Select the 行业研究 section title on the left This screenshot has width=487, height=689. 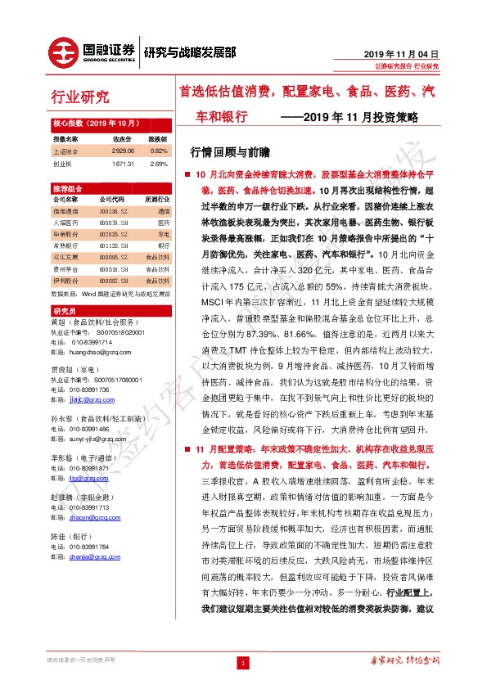79,98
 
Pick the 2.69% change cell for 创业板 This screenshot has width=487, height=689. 159,163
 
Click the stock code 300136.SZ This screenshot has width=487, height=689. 115,210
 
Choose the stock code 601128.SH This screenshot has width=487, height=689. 115,245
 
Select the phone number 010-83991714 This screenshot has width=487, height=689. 91,342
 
